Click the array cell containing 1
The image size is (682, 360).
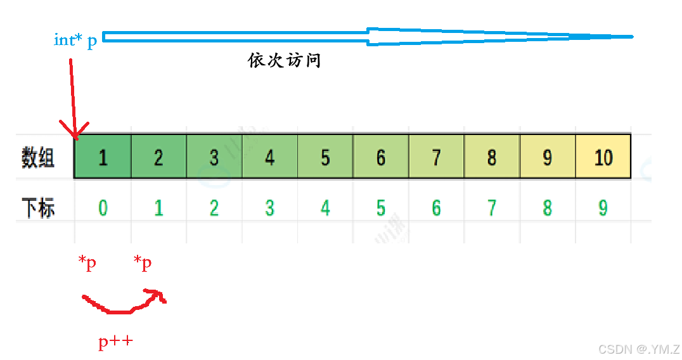[103, 157]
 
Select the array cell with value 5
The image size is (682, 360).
[325, 157]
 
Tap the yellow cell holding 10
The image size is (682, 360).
[603, 157]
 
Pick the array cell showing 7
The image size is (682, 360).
[436, 157]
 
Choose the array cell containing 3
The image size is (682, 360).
[214, 157]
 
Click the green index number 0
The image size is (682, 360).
[103, 208]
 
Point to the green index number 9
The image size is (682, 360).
[603, 208]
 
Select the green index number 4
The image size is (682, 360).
[325, 208]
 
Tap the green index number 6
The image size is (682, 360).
[436, 208]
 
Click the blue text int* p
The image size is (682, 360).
[75, 41]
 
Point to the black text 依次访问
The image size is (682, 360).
[284, 61]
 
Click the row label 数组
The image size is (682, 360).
[38, 157]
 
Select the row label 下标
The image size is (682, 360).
[38, 209]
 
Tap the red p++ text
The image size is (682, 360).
[115, 343]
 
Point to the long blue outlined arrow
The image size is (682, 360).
[368, 37]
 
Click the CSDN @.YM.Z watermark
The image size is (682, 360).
[638, 349]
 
